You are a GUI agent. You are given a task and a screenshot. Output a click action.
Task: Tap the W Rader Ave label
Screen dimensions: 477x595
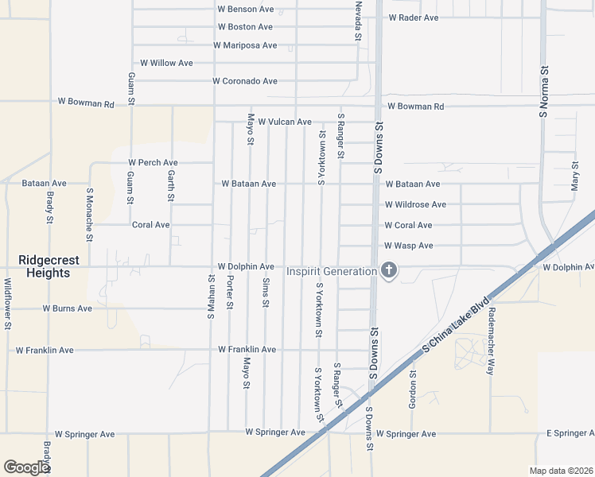click(x=414, y=17)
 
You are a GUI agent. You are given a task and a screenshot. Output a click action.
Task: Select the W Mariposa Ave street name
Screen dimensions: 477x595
click(x=245, y=45)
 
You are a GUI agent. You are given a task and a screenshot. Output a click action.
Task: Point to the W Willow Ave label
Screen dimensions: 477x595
click(x=166, y=63)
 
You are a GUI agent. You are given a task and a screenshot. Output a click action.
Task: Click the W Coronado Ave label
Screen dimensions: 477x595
click(x=244, y=81)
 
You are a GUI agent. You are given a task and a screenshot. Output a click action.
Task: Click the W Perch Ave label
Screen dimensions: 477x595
click(x=154, y=163)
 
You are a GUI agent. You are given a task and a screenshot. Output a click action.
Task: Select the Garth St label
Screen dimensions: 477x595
click(x=171, y=184)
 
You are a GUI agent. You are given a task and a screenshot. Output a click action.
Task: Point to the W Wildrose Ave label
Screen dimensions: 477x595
click(x=415, y=204)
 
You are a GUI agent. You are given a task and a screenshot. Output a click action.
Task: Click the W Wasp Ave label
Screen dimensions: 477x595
click(x=408, y=246)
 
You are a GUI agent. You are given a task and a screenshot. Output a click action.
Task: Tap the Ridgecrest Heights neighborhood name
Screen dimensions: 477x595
click(x=45, y=266)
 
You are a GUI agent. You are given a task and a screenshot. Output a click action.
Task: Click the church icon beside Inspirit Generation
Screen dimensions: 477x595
click(x=389, y=271)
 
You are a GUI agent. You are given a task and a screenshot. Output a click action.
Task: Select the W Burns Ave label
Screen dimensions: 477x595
click(x=68, y=308)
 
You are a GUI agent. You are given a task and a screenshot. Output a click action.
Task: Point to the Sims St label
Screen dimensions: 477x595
click(x=266, y=293)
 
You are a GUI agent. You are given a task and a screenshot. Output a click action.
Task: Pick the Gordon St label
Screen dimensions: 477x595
click(x=413, y=386)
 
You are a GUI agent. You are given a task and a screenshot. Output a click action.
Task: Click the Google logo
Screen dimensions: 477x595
click(x=26, y=467)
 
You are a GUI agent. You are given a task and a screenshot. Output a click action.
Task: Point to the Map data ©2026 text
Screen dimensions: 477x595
click(x=561, y=471)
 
